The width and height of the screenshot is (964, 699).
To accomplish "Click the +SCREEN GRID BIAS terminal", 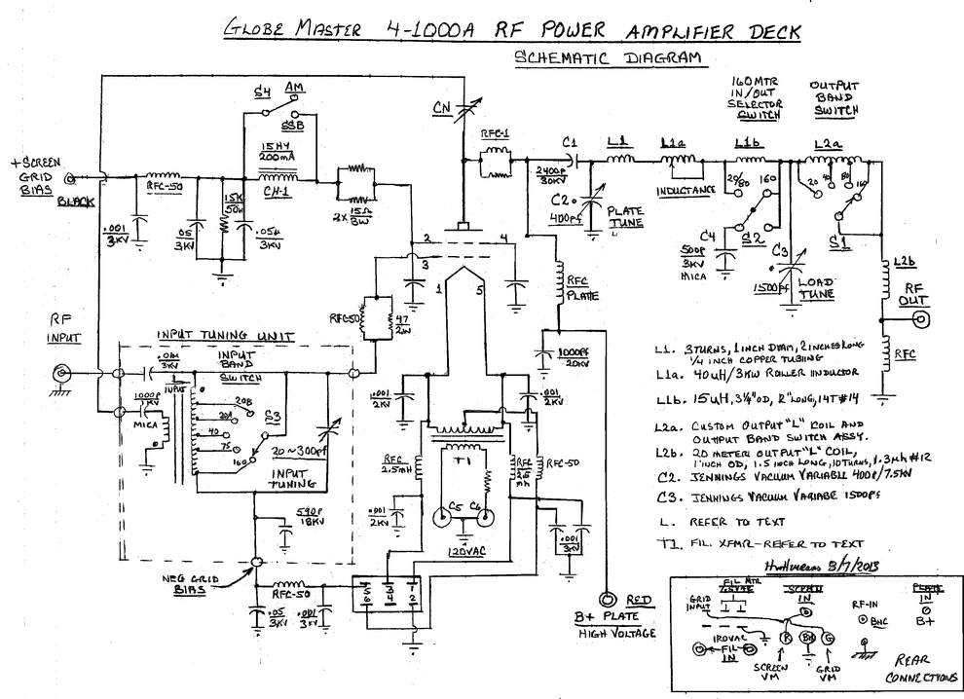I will [x=69, y=179].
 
